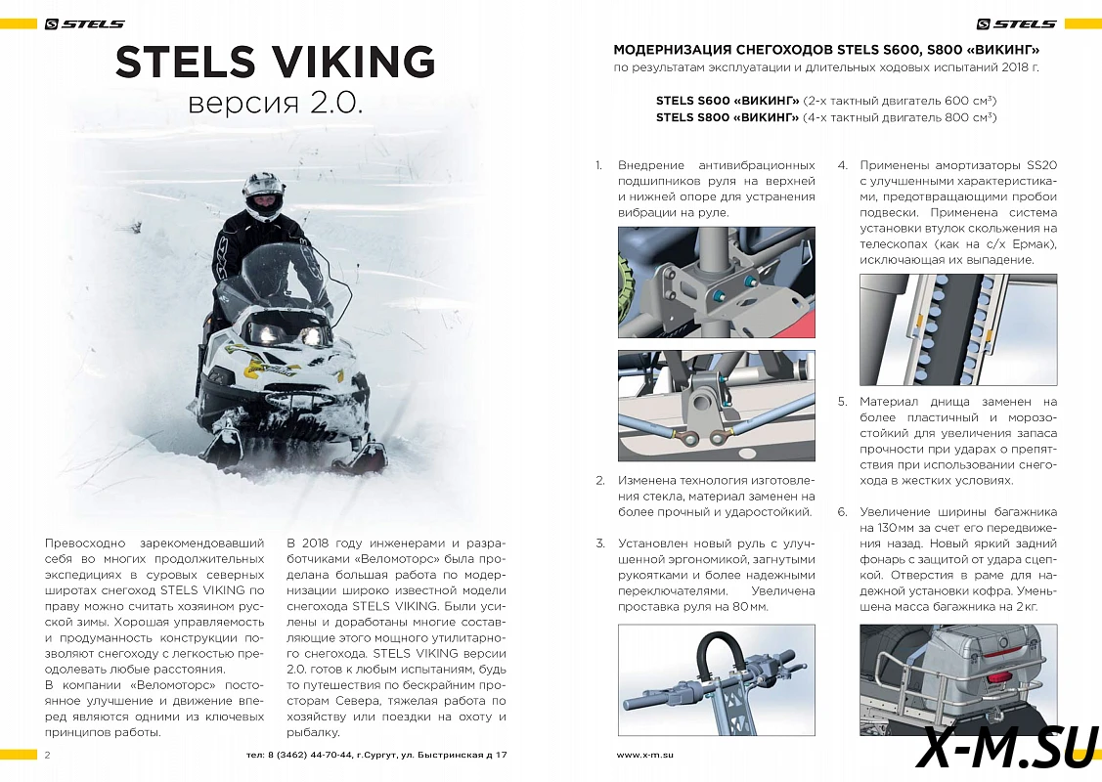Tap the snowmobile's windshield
click(x=278, y=278)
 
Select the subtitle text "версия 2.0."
click(x=275, y=104)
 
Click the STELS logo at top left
click(x=85, y=24)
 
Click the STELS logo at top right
click(x=1017, y=24)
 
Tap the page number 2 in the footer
click(x=47, y=755)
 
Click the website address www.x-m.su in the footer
click(x=645, y=755)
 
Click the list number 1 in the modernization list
click(x=598, y=165)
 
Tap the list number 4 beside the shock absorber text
click(x=841, y=165)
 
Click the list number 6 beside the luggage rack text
click(x=841, y=511)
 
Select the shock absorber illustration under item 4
click(x=958, y=329)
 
